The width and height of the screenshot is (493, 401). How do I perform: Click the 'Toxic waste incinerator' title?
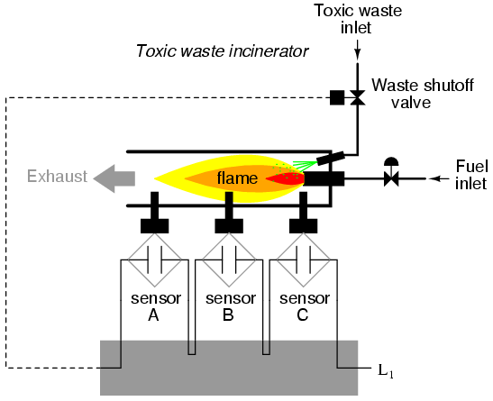[x=223, y=51]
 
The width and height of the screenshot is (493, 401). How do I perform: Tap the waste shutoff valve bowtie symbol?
[x=358, y=97]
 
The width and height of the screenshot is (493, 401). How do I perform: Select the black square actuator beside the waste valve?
[x=337, y=97]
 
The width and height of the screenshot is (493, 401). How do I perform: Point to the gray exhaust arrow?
[x=114, y=178]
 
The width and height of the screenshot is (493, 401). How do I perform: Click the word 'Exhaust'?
[x=57, y=177]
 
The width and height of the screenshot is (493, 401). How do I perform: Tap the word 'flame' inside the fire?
[x=237, y=178]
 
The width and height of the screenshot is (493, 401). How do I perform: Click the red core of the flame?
[x=286, y=178]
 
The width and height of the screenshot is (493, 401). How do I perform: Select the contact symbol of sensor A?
[x=154, y=260]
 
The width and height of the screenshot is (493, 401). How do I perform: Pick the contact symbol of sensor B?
[x=229, y=260]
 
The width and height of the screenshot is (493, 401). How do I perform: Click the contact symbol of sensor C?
[x=303, y=260]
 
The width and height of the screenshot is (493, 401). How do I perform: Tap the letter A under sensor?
[x=153, y=314]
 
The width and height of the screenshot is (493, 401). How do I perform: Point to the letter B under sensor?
[x=228, y=314]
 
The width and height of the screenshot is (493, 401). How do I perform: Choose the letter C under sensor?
[x=303, y=314]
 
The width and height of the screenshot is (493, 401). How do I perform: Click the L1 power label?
[x=386, y=371]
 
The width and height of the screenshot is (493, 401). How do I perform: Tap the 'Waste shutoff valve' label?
[x=423, y=94]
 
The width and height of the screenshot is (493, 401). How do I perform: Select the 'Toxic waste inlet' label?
[x=358, y=19]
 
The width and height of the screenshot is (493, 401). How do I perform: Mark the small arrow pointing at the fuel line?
[x=439, y=178]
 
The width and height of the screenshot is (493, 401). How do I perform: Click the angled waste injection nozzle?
[x=331, y=158]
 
